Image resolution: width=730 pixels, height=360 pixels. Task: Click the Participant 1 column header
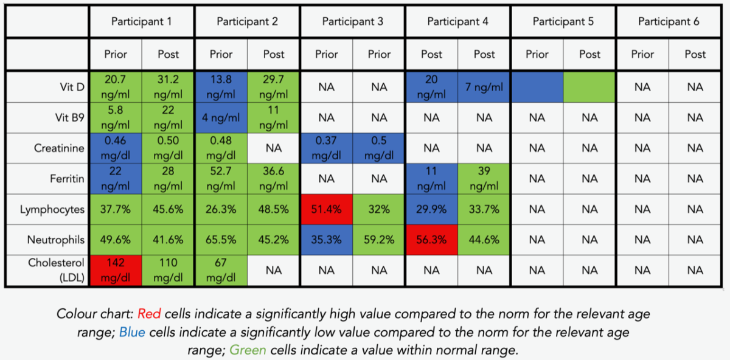pos(142,22)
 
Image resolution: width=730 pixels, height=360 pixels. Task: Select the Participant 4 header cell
pos(458,22)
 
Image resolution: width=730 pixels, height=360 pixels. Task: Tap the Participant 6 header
pos(669,22)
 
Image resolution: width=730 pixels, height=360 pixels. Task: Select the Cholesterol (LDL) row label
pos(56,270)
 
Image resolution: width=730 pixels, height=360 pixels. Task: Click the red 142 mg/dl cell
pos(116,270)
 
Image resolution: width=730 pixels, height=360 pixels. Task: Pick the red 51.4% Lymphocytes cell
pos(327,210)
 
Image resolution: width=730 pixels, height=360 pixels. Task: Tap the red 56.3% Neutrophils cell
pos(432,240)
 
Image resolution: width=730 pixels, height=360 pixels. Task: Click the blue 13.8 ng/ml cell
pos(221,88)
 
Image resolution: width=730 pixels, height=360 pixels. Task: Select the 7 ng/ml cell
pos(484,88)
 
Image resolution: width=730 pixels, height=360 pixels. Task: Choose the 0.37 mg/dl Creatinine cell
pos(327,148)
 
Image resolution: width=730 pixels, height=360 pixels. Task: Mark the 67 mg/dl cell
pos(221,270)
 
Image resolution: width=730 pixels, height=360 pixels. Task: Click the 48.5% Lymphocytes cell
pos(274,210)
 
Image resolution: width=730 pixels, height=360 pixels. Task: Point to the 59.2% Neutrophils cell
pos(379,240)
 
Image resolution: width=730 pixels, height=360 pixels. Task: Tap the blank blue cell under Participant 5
pos(537,88)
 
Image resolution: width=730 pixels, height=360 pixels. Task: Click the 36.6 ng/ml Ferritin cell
pos(274,179)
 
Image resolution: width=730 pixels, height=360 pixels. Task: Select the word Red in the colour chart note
pos(148,314)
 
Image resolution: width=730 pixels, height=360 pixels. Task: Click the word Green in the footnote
pos(247,351)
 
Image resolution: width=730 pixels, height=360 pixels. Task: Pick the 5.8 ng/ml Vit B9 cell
pos(116,118)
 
